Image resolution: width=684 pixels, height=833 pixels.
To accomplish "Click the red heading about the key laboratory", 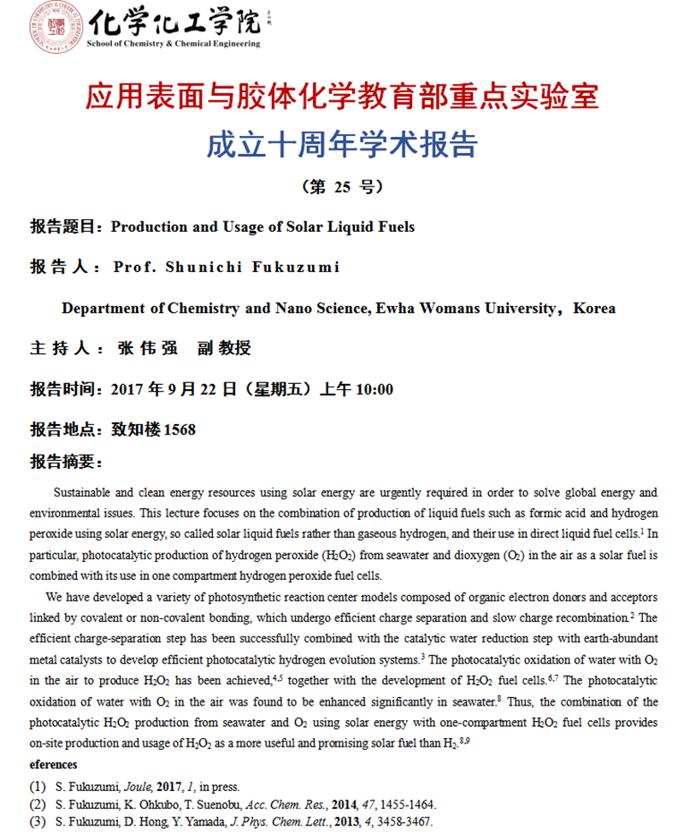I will coord(342,96).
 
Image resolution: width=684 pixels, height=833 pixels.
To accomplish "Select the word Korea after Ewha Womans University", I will coord(594,308).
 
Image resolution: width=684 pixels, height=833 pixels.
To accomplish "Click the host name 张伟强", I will coord(149,349).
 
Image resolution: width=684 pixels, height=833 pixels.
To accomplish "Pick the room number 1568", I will coord(179,429).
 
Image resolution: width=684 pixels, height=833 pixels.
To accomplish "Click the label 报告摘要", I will coord(66,463).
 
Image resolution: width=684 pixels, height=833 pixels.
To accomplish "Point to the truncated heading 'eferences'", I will coord(53,765).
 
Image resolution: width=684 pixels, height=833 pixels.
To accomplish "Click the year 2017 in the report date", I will coord(128,390).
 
